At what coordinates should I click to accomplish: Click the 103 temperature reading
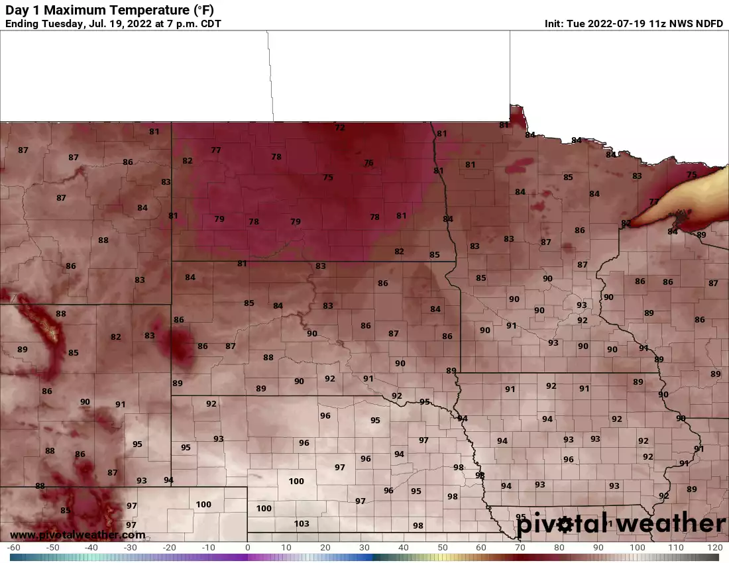(x=302, y=523)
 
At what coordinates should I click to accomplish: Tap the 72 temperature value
(x=340, y=127)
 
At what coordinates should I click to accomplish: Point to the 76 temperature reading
(x=368, y=163)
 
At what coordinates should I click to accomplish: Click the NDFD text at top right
(x=708, y=24)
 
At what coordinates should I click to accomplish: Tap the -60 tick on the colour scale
(x=13, y=548)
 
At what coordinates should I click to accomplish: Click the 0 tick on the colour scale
(x=248, y=548)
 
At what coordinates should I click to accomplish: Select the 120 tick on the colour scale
(x=714, y=548)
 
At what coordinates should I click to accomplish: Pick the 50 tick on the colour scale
(x=442, y=548)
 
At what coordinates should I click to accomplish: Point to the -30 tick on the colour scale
(x=131, y=548)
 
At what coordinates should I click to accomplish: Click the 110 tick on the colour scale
(x=676, y=548)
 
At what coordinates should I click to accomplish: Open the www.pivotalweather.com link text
(x=78, y=535)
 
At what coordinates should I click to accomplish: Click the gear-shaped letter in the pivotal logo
(x=565, y=525)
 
